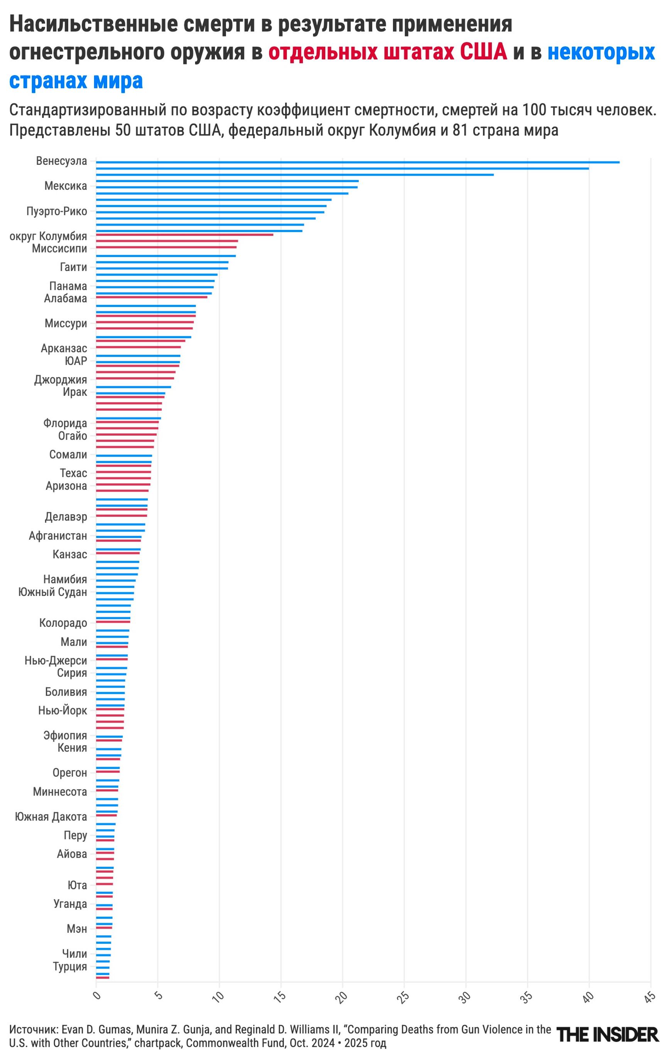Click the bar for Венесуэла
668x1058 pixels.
click(357, 162)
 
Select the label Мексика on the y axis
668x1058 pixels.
click(66, 186)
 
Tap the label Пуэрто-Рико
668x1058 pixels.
click(57, 212)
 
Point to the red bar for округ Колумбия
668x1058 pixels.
click(184, 235)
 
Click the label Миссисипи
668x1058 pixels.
click(60, 249)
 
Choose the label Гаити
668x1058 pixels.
click(73, 267)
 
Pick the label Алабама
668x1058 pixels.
click(66, 299)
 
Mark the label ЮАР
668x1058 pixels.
click(76, 361)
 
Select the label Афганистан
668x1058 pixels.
click(58, 536)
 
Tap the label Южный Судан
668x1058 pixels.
click(53, 592)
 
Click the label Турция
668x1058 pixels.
click(70, 967)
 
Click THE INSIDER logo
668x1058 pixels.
click(607, 1035)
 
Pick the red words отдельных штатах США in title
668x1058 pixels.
click(388, 52)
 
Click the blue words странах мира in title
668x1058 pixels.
click(76, 81)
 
